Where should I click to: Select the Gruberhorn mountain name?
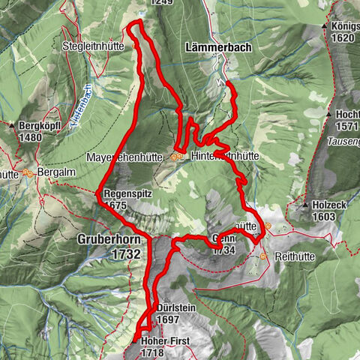pyautogui.click(x=109, y=239)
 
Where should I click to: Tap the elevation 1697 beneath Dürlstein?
pyautogui.click(x=169, y=319)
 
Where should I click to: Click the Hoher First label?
pyautogui.click(x=166, y=340)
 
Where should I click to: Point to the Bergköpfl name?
pyautogui.click(x=44, y=126)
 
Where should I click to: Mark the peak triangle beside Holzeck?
pyautogui.click(x=306, y=204)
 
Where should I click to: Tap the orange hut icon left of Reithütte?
pyautogui.click(x=263, y=256)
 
